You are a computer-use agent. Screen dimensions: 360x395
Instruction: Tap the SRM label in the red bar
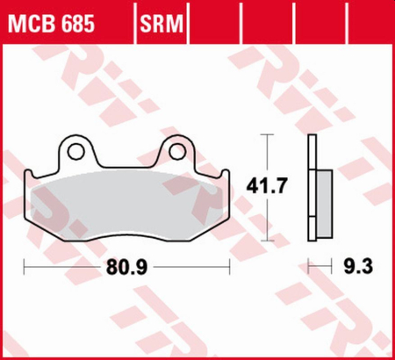click(x=160, y=20)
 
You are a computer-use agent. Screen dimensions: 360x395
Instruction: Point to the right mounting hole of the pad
click(x=178, y=152)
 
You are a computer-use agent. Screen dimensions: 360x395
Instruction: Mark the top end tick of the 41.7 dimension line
click(x=269, y=135)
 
